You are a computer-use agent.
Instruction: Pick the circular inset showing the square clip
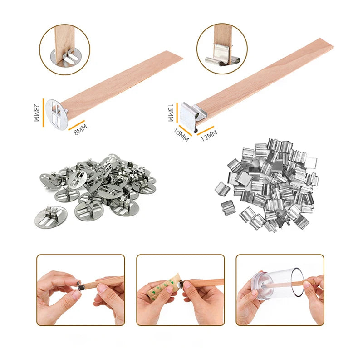pos(222,49)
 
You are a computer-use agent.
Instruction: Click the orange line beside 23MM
pos(44,112)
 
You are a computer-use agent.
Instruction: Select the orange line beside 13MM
pos(177,112)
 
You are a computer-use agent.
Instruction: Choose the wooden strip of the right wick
pos(263,73)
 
